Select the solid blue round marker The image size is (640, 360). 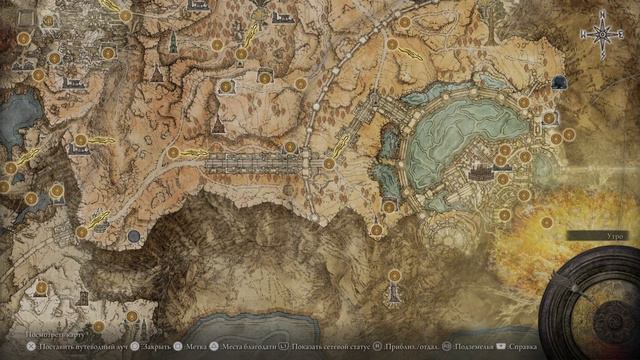133,236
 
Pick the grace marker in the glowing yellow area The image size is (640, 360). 547,222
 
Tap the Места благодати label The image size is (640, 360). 250,345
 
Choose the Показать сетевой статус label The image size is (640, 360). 329,345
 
